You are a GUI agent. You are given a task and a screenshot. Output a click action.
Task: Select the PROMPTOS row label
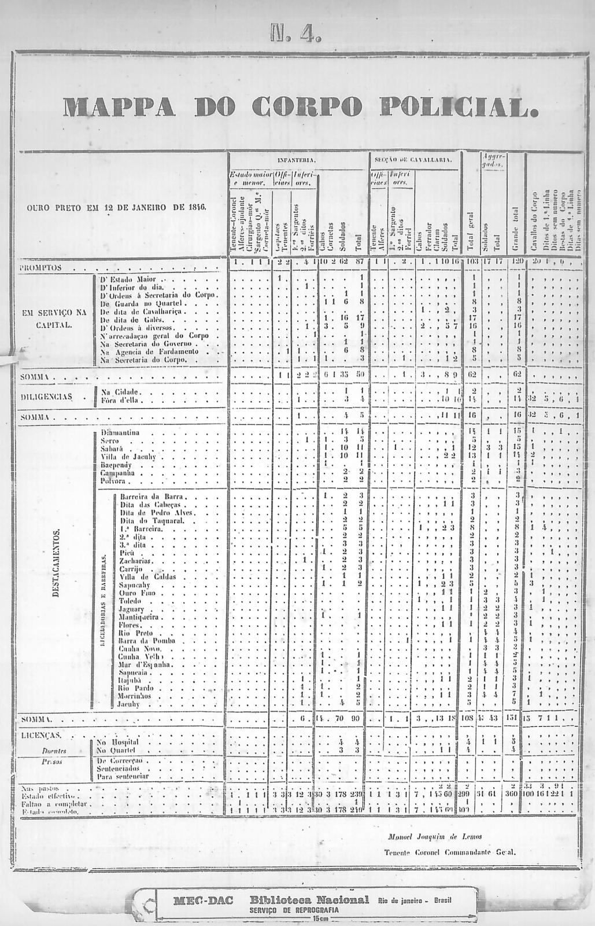[x=40, y=269]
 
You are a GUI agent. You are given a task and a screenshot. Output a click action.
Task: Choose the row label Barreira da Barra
[x=152, y=497]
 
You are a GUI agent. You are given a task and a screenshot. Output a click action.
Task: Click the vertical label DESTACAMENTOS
[x=57, y=564]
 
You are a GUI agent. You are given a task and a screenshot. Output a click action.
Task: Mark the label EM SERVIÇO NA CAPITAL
[x=54, y=318]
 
